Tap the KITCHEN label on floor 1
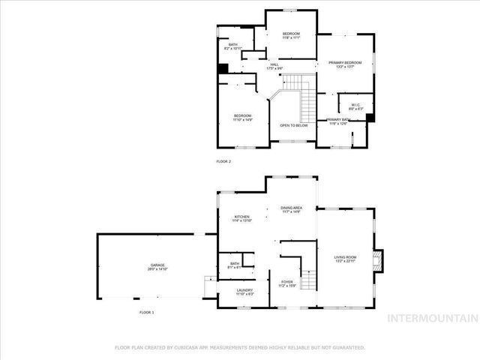(x=241, y=216)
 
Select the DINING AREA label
(x=292, y=207)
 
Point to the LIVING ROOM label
(x=345, y=257)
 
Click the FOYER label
(x=287, y=282)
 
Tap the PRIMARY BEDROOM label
(x=344, y=63)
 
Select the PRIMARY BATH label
(x=339, y=119)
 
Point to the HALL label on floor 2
(x=275, y=64)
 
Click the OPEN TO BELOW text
(x=294, y=125)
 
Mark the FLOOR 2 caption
(x=223, y=161)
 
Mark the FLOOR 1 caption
(x=146, y=311)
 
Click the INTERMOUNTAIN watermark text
(x=430, y=319)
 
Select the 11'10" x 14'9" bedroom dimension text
(x=242, y=119)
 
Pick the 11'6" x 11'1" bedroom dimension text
(x=291, y=38)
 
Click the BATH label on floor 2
(x=233, y=45)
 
